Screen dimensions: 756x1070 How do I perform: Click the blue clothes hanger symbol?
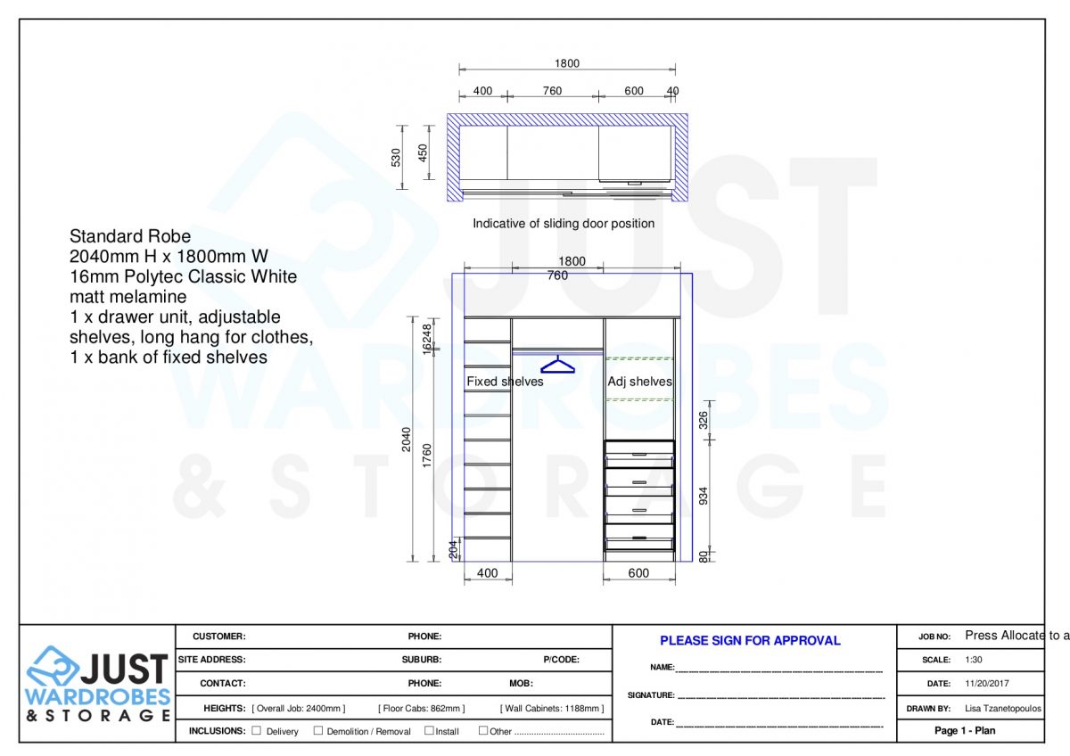click(557, 365)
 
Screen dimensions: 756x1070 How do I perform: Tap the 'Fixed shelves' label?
click(505, 382)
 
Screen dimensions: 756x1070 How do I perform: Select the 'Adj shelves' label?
click(639, 382)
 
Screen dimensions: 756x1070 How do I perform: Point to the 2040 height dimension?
click(407, 440)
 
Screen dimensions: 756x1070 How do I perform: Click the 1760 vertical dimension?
click(428, 456)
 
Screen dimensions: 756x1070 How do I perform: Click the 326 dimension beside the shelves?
click(704, 421)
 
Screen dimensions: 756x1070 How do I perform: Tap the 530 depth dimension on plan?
click(396, 157)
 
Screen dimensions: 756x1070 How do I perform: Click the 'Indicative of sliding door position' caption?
click(564, 224)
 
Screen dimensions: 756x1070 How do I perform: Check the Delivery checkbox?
click(257, 731)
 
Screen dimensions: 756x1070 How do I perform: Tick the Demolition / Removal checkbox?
click(318, 731)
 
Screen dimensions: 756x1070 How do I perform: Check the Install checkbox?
click(429, 731)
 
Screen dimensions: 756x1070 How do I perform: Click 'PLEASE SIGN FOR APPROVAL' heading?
click(750, 640)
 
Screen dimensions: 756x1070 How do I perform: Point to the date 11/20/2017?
click(987, 684)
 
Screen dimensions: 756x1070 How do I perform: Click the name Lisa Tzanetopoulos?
click(1003, 709)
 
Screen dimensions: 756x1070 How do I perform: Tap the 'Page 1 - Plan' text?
click(965, 731)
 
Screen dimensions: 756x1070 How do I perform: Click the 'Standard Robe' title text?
click(130, 236)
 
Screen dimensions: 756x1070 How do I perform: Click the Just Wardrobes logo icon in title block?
click(53, 666)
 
